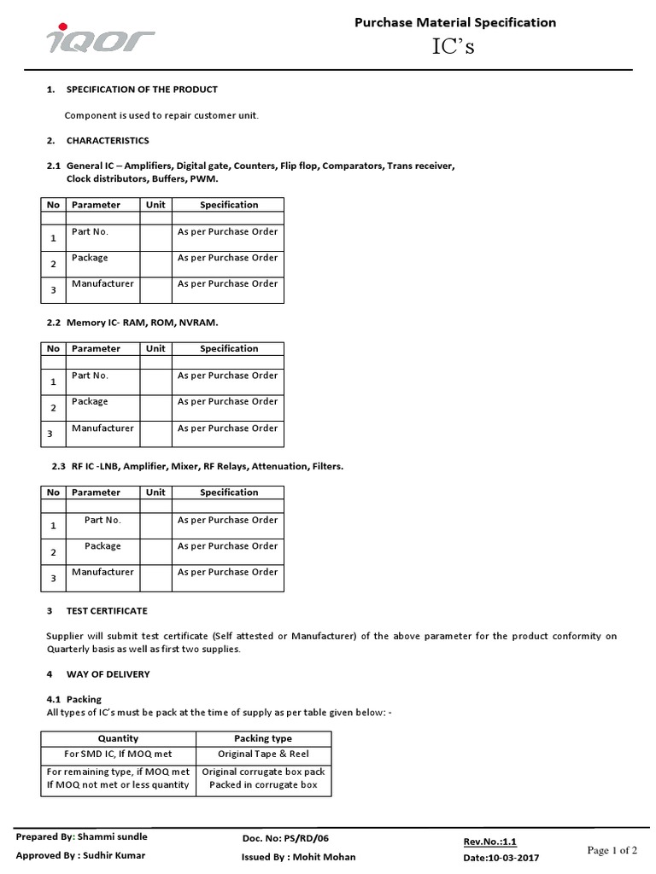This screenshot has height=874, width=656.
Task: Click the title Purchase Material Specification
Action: point(454,23)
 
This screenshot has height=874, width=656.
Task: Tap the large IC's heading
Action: point(454,48)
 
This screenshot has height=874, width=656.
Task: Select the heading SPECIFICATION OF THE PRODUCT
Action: point(142,90)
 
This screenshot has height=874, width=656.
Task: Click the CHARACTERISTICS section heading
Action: point(108,141)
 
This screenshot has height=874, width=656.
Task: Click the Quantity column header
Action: point(118,738)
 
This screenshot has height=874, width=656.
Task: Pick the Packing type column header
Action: point(263,738)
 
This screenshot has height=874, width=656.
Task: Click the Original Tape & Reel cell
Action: point(263,755)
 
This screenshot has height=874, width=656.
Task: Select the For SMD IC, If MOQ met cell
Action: point(118,755)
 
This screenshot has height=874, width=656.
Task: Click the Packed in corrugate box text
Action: point(263,785)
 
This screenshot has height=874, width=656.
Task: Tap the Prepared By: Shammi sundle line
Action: point(81,837)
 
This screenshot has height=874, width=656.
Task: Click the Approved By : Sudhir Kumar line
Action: point(80,855)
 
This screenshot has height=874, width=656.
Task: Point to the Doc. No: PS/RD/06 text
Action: point(285,840)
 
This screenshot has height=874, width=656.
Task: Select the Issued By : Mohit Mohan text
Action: point(299,857)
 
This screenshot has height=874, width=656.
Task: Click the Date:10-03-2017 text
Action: point(501,857)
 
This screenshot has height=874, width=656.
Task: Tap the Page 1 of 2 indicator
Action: point(612,850)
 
